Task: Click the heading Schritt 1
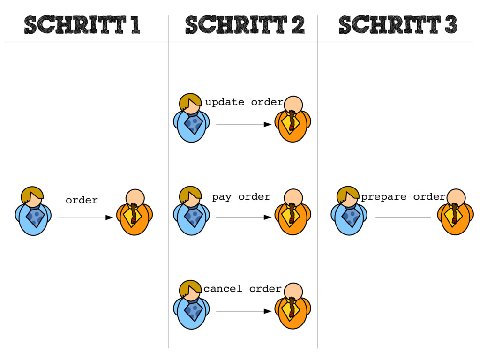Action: (x=82, y=25)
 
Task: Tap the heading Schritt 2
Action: (x=244, y=25)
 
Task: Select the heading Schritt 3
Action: (x=397, y=25)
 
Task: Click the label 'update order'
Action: (x=244, y=102)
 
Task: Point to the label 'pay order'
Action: (x=241, y=197)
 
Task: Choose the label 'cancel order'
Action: (x=242, y=289)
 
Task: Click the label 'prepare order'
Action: (x=403, y=197)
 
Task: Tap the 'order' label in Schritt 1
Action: (x=82, y=201)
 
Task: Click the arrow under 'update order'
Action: (x=243, y=125)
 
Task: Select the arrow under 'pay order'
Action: (x=243, y=217)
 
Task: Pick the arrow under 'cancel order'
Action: (x=243, y=311)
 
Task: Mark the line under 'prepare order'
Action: (x=403, y=217)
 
